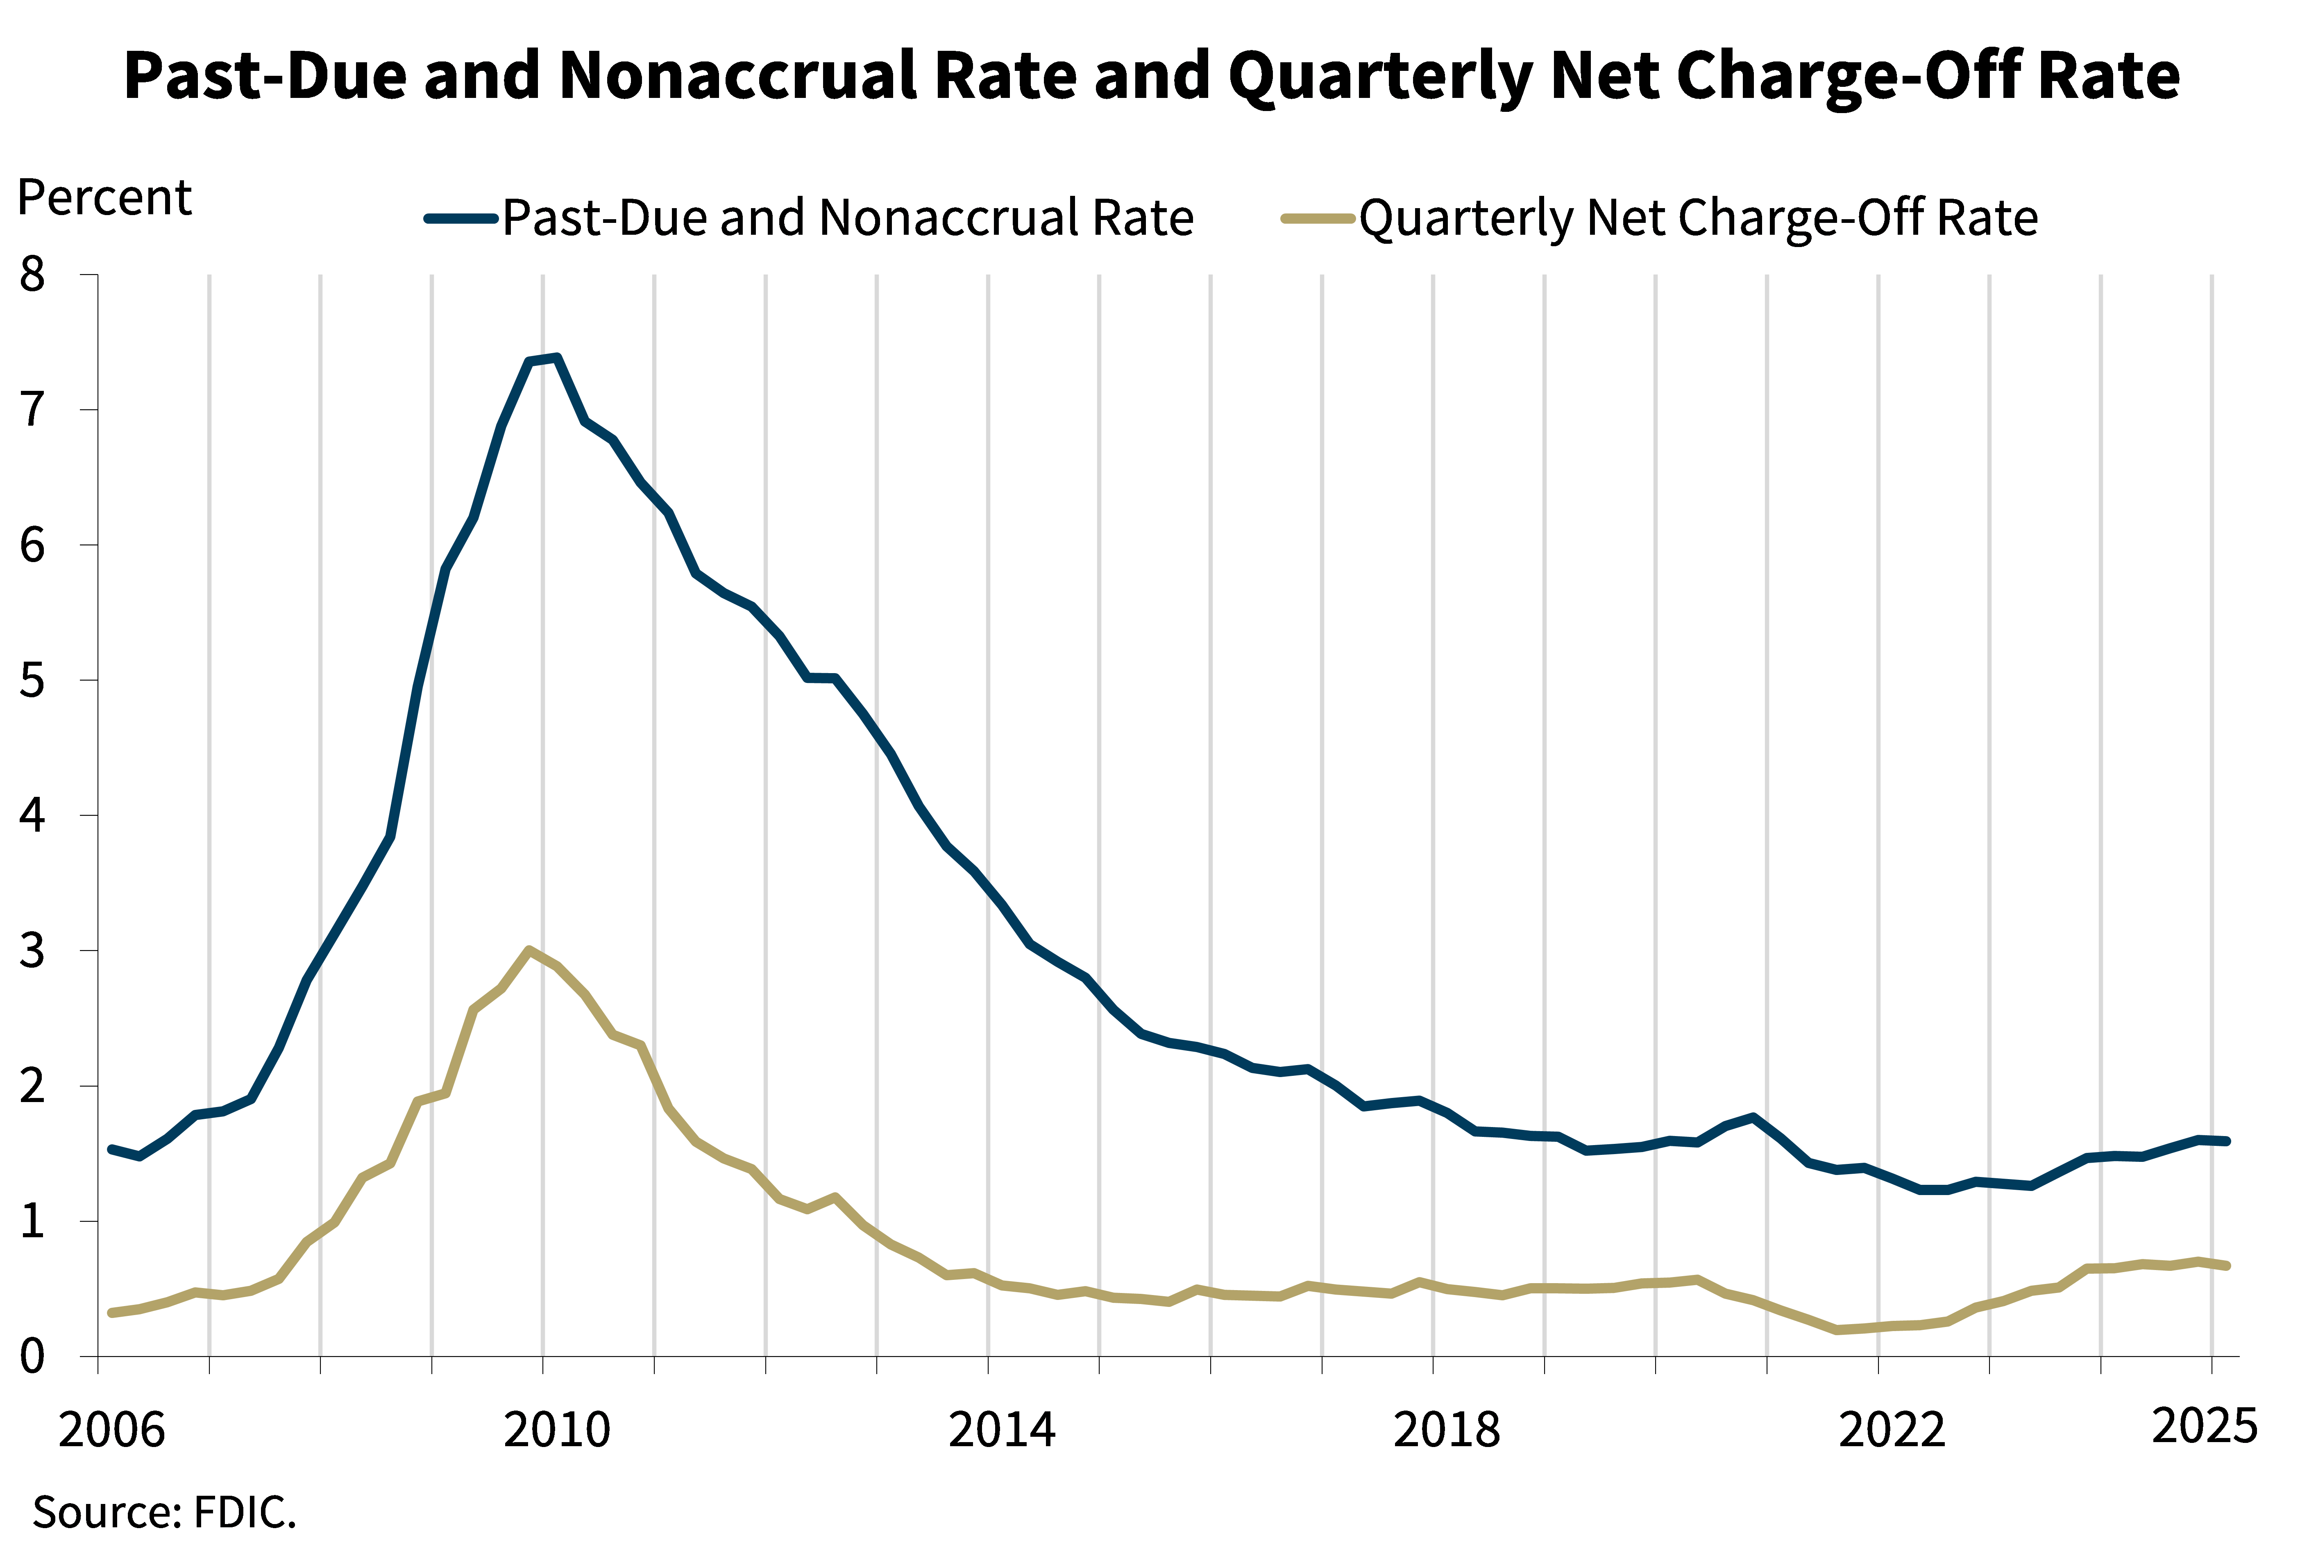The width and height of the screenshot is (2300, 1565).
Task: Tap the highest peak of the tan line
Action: tap(531, 950)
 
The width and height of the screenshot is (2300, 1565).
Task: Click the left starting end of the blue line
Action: tap(111, 1149)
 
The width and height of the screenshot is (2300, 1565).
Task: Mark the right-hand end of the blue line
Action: tap(2227, 1141)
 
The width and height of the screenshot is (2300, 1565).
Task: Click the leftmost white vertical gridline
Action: tap(209, 812)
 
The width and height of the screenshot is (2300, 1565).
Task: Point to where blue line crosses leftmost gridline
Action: tap(209, 1114)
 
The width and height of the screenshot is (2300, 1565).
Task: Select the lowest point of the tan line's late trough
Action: tap(1837, 1330)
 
